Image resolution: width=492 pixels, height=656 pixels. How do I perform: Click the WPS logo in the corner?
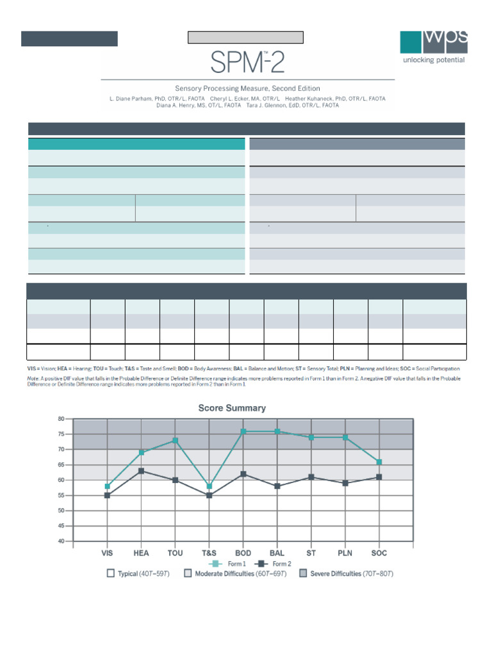[433, 42]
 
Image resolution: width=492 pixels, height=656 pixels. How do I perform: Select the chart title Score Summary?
[232, 407]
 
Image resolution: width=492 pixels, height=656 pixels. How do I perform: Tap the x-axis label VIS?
[108, 553]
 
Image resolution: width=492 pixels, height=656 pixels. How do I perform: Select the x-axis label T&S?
[209, 553]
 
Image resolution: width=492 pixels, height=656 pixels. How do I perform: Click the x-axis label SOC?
[379, 553]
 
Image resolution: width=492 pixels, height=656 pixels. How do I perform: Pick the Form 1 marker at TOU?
[176, 441]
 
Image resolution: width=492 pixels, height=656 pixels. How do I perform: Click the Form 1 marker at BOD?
[243, 432]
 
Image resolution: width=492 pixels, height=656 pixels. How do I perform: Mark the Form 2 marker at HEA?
[142, 471]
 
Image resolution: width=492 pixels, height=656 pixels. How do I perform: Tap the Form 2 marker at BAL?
[277, 486]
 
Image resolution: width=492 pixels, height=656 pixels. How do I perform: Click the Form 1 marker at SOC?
[379, 462]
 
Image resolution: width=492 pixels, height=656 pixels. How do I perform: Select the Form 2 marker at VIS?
[108, 495]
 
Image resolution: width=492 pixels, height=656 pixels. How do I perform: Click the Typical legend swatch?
[111, 573]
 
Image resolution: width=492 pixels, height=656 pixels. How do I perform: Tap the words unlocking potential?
[433, 60]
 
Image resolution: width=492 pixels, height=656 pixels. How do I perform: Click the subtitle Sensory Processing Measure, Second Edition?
[247, 88]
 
